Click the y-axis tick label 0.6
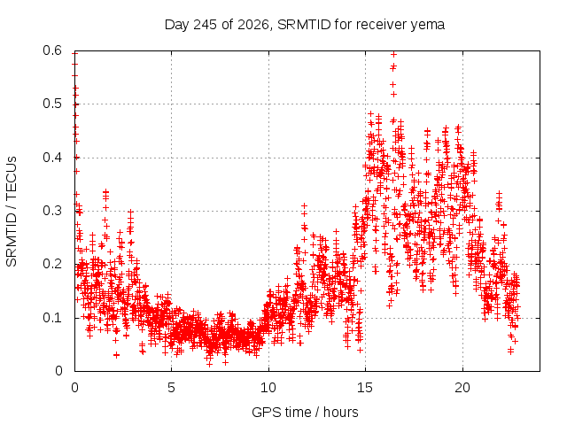point(52,50)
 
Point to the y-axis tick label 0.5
point(52,104)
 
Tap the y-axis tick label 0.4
point(52,158)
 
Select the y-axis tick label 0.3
point(52,211)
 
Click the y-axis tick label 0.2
point(52,264)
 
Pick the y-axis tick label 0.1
point(52,318)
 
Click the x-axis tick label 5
point(171,388)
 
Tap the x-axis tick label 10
point(268,388)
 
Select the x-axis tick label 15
point(365,388)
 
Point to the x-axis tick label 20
point(462,388)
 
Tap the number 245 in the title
point(206,25)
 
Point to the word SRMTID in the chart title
point(304,25)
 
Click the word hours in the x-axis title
point(340,413)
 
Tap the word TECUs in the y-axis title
point(12,178)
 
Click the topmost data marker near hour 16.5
point(393,54)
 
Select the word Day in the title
point(177,26)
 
